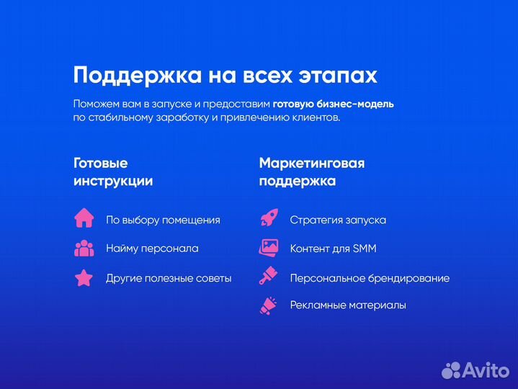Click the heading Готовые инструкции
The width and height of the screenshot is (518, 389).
[x=113, y=172]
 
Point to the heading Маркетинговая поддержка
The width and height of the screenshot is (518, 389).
[x=311, y=172]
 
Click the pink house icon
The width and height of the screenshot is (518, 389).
[x=84, y=217]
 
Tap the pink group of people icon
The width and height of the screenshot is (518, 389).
[x=84, y=248]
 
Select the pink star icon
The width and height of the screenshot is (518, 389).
[x=84, y=278]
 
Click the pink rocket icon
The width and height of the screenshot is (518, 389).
[x=269, y=218]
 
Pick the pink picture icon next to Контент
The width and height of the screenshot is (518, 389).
[x=269, y=248]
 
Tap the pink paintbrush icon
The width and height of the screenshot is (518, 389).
[x=269, y=277]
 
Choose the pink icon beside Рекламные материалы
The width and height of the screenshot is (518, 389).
[x=269, y=305]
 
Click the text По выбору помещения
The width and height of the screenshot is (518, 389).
[x=163, y=220]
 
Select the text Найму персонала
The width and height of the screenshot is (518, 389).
[x=152, y=249]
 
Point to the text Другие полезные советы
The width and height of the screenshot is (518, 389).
[x=169, y=278]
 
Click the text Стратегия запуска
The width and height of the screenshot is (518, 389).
[x=338, y=220]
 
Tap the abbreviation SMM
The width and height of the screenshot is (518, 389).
[x=365, y=249]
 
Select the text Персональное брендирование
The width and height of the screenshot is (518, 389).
[x=370, y=278]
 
